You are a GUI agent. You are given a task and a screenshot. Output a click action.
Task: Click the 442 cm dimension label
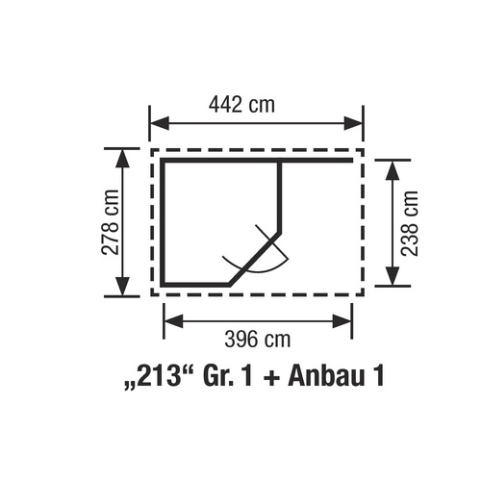241,105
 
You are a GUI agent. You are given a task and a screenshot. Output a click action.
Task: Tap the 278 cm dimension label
110,222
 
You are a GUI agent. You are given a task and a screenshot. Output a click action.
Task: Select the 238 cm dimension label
410,223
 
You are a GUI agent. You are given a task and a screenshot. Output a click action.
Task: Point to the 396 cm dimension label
257,339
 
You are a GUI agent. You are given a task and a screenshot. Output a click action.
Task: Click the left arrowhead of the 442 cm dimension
160,123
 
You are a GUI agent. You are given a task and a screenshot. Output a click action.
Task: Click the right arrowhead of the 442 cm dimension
353,123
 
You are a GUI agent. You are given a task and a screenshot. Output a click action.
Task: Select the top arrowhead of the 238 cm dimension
392,170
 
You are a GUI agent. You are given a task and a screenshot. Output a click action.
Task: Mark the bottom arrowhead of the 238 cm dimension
392,276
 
